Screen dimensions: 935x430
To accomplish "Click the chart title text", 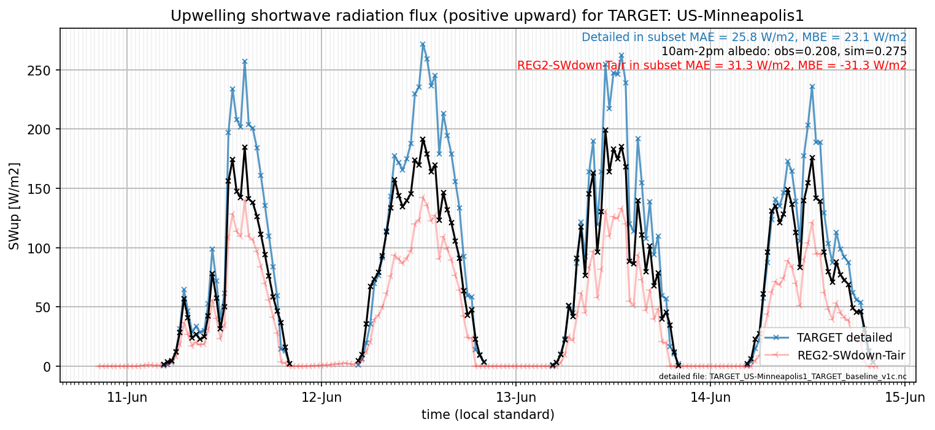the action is [x=487, y=15].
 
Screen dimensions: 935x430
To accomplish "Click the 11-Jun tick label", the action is [x=127, y=397].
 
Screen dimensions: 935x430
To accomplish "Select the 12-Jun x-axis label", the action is [x=321, y=397].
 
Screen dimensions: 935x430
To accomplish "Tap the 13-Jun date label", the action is [x=516, y=397].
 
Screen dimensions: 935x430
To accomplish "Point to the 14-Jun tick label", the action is [x=710, y=397].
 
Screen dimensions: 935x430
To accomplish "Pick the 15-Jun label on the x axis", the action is [x=905, y=397].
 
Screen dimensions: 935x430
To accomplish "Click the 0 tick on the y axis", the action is [x=47, y=367].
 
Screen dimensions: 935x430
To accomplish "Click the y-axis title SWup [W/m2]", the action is [x=14, y=206].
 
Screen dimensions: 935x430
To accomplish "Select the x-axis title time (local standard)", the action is [x=488, y=415].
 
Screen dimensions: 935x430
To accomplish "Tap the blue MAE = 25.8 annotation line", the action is [x=744, y=37].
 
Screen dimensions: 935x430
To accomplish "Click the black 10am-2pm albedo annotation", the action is [x=784, y=52].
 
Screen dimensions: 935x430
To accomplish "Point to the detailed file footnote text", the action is [x=783, y=377].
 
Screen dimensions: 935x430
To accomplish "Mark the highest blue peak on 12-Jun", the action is [x=423, y=44].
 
